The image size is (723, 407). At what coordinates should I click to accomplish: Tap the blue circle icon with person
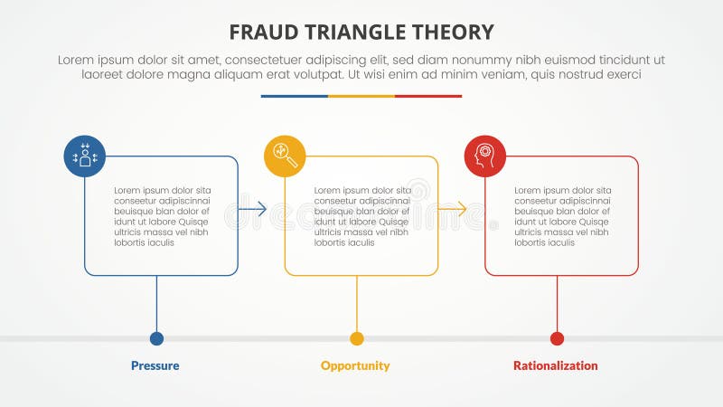pyautogui.click(x=85, y=156)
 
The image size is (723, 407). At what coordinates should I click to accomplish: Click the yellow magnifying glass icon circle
pyautogui.click(x=285, y=156)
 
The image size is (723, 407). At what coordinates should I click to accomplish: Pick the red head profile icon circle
pyautogui.click(x=485, y=156)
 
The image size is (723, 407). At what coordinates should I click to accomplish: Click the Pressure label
pyautogui.click(x=155, y=365)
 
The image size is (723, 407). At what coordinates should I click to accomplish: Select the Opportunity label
pyautogui.click(x=355, y=365)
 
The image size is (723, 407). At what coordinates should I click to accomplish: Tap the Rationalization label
pyautogui.click(x=556, y=365)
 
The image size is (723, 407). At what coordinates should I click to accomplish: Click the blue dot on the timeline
pyautogui.click(x=156, y=338)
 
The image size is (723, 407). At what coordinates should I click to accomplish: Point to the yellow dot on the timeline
pyautogui.click(x=357, y=338)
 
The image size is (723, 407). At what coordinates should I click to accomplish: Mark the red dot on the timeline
pyautogui.click(x=557, y=338)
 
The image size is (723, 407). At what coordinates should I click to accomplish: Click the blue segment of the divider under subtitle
pyautogui.click(x=295, y=96)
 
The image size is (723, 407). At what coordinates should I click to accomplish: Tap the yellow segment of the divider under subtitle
pyautogui.click(x=361, y=96)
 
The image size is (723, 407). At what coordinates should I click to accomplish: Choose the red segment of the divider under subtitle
pyautogui.click(x=428, y=96)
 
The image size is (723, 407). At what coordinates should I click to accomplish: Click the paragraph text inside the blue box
pyautogui.click(x=162, y=216)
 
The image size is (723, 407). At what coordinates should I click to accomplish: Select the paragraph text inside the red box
pyautogui.click(x=563, y=216)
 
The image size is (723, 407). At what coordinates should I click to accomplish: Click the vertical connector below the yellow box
pyautogui.click(x=357, y=303)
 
